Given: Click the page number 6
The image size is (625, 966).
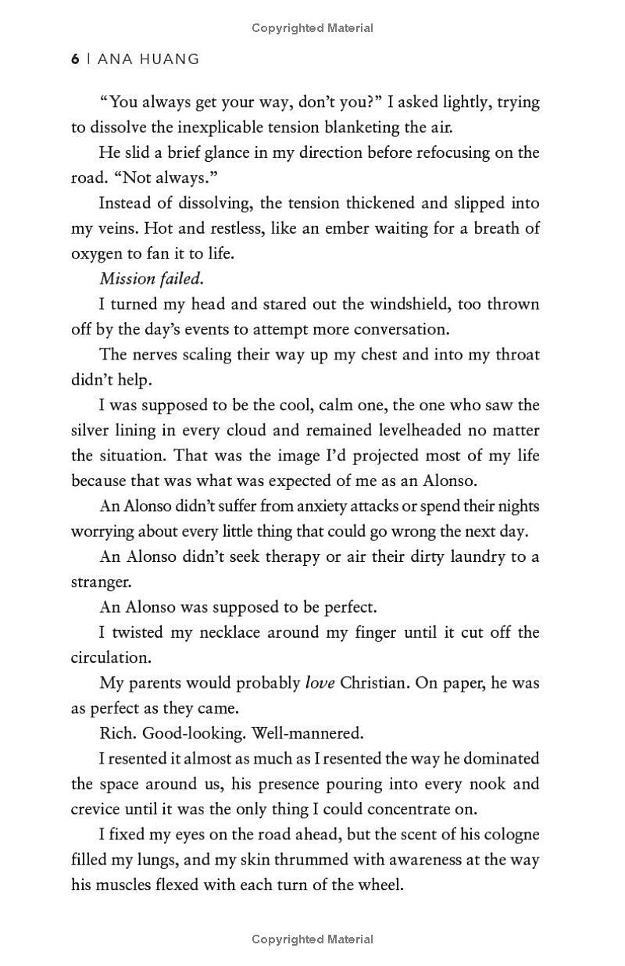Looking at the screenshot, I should tap(75, 59).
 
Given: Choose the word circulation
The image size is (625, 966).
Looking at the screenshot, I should tap(110, 657).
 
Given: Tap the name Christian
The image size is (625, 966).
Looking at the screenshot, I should tap(374, 682).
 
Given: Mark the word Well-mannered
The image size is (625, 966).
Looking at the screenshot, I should tap(320, 733).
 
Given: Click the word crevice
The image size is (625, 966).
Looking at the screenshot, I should tap(97, 809).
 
